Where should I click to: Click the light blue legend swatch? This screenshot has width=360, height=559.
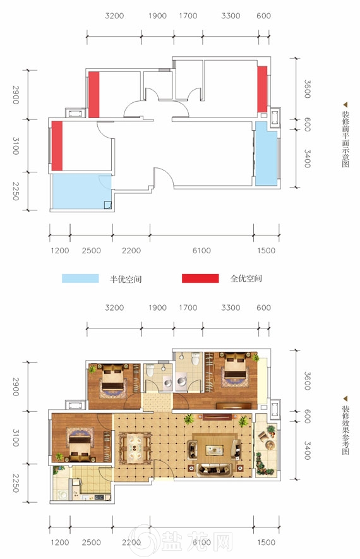[80, 279]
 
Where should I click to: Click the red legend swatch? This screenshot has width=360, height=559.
[200, 279]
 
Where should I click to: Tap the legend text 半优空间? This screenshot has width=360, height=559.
[126, 279]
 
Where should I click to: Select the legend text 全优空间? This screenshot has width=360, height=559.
[246, 279]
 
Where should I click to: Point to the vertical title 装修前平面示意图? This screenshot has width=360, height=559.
[345, 139]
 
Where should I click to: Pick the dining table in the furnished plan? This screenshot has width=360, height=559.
[135, 447]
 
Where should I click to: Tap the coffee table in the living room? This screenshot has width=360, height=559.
[215, 450]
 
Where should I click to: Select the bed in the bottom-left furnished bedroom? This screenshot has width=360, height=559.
[79, 445]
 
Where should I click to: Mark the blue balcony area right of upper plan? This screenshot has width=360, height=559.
[266, 153]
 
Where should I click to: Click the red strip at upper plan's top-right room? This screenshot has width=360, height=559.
[262, 89]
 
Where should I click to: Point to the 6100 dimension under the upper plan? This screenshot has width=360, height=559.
[201, 251]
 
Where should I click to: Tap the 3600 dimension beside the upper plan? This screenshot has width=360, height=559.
[307, 89]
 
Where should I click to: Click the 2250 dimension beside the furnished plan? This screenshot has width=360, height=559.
[16, 483]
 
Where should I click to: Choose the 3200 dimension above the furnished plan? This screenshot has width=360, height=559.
[114, 308]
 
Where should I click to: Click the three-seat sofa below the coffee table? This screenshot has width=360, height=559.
[214, 469]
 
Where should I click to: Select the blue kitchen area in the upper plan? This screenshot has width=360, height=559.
[82, 191]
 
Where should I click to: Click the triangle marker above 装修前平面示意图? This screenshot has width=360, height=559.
[345, 105]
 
